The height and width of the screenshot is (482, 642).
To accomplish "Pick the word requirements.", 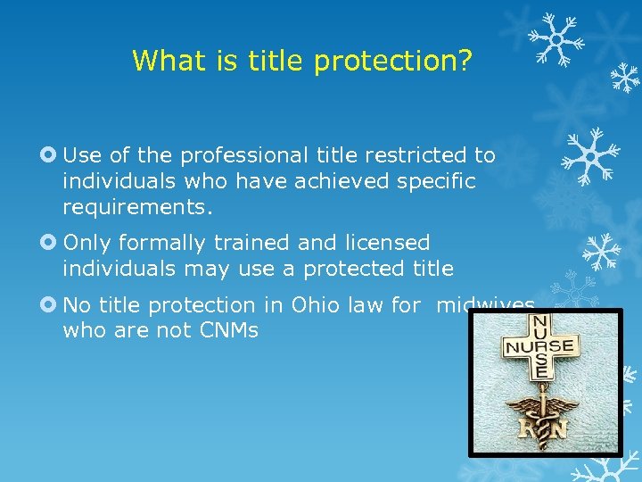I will pos(138,209).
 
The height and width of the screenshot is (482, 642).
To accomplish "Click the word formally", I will pos(159,243).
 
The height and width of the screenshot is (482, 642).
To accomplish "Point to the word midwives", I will pos(485,305).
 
